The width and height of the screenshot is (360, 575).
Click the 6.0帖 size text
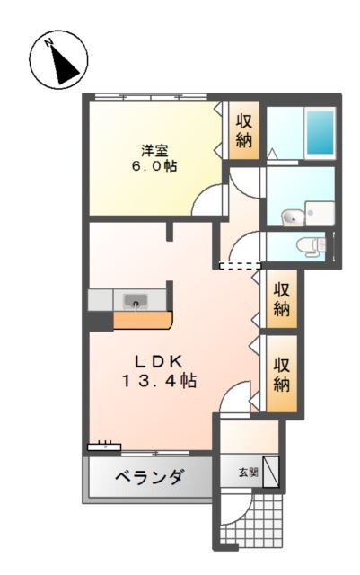[x=154, y=167]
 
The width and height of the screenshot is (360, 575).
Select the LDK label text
[x=159, y=361]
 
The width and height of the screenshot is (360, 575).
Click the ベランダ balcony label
[x=150, y=476]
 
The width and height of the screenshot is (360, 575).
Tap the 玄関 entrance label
[x=248, y=472]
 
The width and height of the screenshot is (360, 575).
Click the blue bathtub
[x=319, y=133]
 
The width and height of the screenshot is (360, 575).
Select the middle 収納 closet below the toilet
[x=282, y=299]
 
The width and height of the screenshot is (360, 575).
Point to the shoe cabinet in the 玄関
[x=271, y=472]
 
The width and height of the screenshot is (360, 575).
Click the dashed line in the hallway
[x=240, y=266]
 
